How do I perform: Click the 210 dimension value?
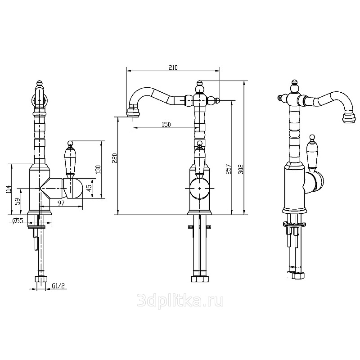(173, 67)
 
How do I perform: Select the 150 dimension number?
(166, 125)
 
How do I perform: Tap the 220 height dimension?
(115, 158)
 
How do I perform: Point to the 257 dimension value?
(228, 169)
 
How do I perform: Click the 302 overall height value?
(241, 169)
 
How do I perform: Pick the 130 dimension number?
(98, 170)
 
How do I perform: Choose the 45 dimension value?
(89, 186)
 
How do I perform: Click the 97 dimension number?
(61, 203)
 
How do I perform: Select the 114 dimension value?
(9, 189)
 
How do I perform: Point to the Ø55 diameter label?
(18, 220)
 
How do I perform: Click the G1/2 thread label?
(58, 286)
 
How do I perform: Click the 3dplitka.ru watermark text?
(180, 301)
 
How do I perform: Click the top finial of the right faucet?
(294, 82)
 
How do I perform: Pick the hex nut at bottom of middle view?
(200, 279)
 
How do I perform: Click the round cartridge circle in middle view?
(200, 188)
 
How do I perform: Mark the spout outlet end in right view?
(350, 118)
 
